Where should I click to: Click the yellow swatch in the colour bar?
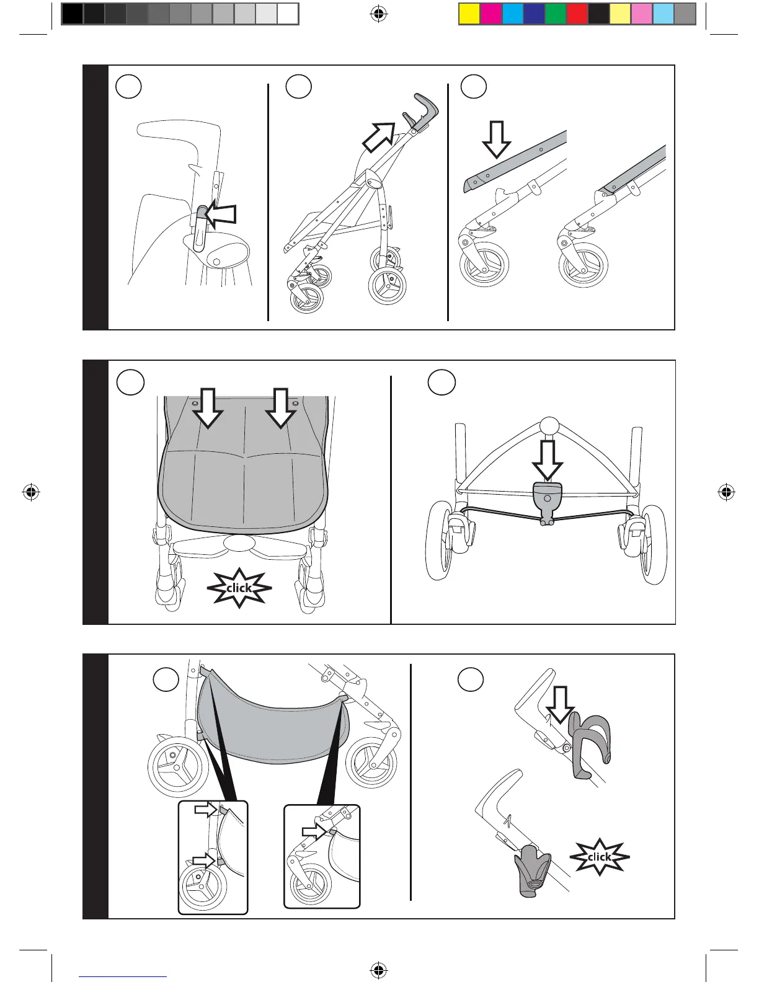469,14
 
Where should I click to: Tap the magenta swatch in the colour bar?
491,14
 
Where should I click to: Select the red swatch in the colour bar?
577,14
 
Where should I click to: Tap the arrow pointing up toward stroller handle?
379,136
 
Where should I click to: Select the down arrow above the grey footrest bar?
496,139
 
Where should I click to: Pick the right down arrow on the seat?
281,407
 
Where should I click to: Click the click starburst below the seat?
239,588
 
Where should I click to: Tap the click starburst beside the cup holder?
599,857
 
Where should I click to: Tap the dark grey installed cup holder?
531,871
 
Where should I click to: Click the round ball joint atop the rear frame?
549,427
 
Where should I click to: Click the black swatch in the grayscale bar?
73,14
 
